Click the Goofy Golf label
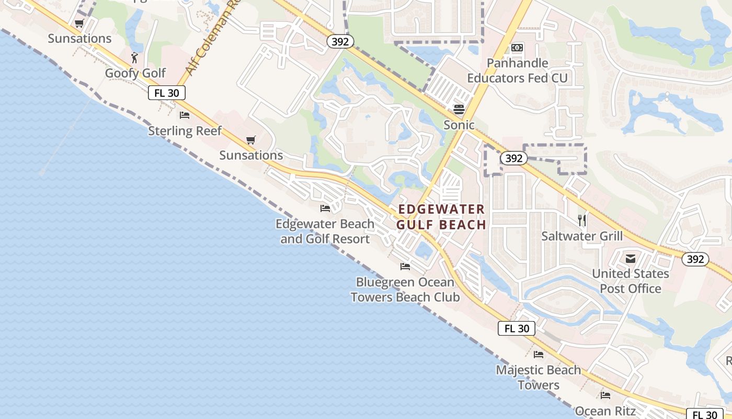(135, 73)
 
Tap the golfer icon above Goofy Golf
(134, 57)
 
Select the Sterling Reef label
(185, 130)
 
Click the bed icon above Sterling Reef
(185, 115)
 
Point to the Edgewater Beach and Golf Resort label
(325, 231)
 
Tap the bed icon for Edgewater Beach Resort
(325, 208)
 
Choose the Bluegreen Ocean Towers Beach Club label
(405, 290)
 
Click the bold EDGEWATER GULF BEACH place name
(442, 217)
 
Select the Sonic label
(459, 125)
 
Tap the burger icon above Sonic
(459, 109)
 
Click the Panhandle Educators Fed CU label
(517, 71)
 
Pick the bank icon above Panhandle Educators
(517, 48)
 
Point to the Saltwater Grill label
(582, 236)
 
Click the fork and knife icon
(582, 220)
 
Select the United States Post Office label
(630, 281)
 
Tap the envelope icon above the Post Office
(630, 258)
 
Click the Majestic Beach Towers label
(539, 377)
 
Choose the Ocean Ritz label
(605, 411)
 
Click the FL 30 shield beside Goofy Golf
(167, 93)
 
